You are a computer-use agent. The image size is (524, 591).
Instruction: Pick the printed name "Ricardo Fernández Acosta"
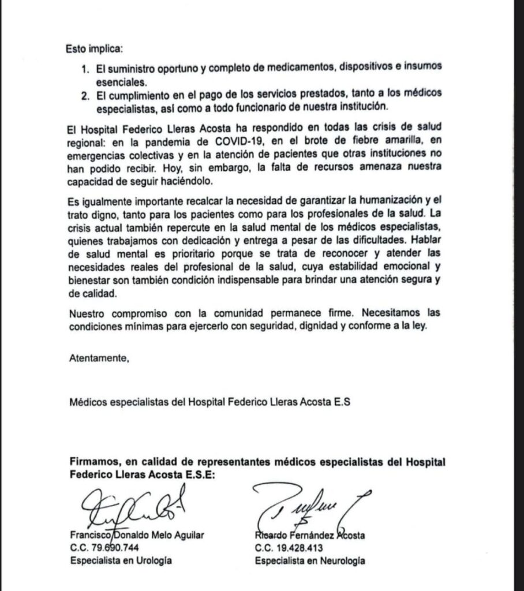pyautogui.click(x=309, y=536)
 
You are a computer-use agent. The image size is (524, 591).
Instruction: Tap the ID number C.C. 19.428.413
pyautogui.click(x=290, y=548)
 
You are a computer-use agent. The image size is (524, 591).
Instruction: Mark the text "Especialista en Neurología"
pyautogui.click(x=310, y=560)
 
